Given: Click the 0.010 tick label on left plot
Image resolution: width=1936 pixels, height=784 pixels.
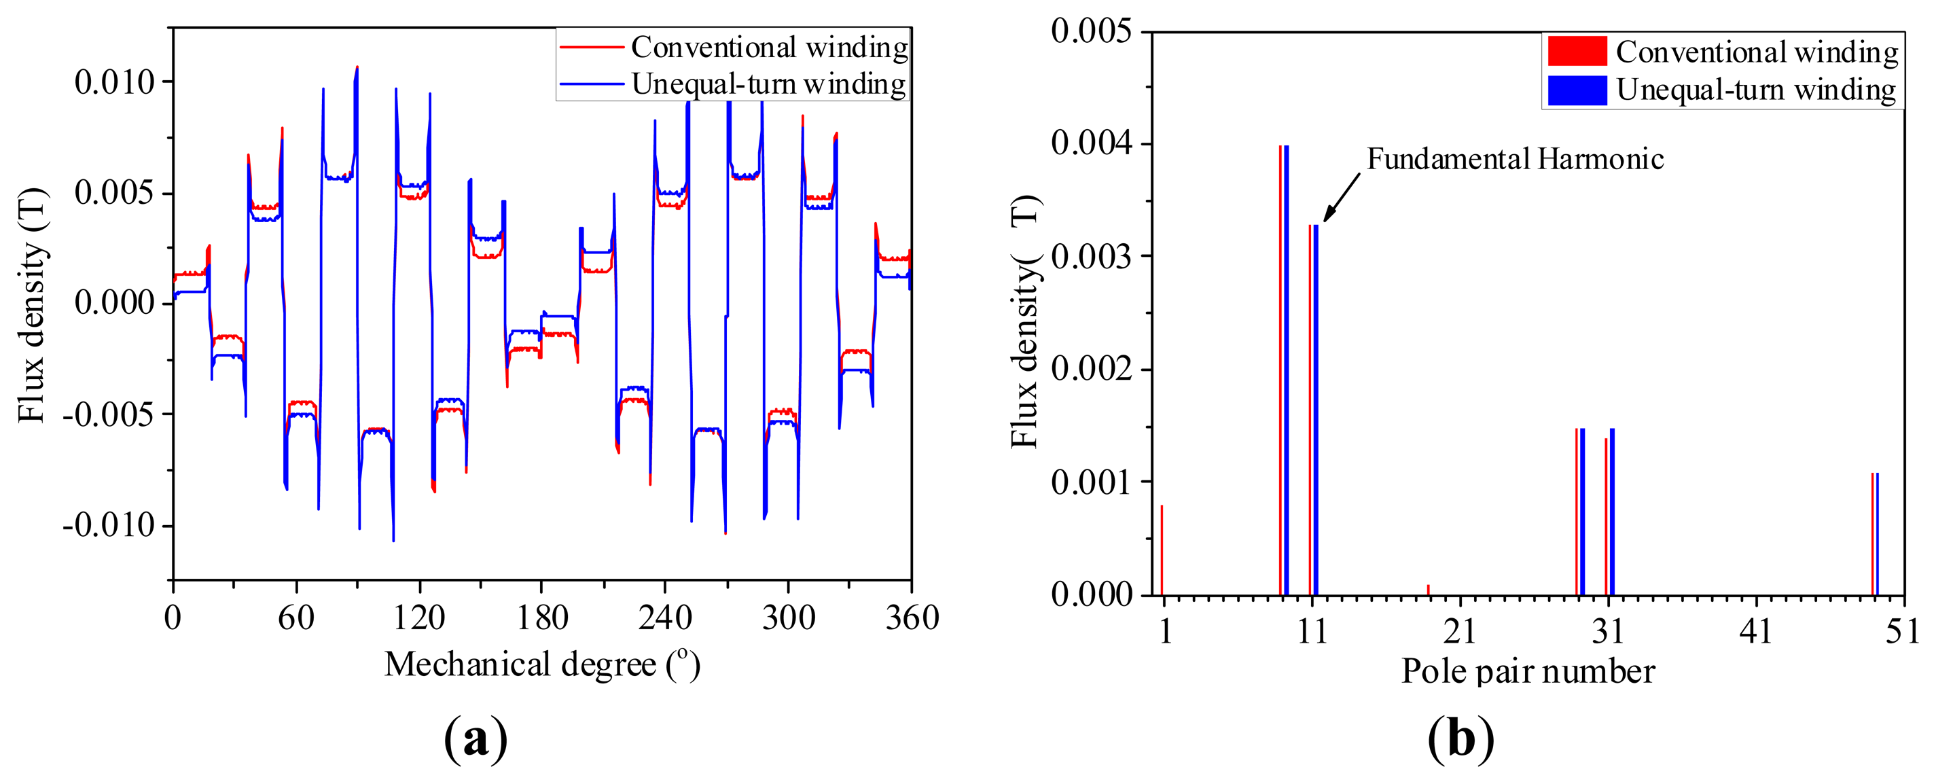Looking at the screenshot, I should tap(114, 82).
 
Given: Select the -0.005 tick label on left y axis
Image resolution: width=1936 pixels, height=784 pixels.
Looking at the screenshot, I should tap(108, 414).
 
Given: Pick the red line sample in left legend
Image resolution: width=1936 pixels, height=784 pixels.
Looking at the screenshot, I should tap(592, 48).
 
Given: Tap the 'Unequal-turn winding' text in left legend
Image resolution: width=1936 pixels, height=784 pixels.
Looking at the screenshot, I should tap(769, 84).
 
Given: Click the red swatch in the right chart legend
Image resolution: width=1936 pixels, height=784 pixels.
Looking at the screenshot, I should tap(1577, 51).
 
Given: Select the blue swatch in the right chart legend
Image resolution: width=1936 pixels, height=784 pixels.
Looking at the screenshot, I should tap(1577, 90).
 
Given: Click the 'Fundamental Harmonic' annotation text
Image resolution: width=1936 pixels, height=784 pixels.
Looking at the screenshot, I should tap(1514, 160).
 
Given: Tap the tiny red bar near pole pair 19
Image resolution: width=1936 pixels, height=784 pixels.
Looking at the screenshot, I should tap(1428, 590).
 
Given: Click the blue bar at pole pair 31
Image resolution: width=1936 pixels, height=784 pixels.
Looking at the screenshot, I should tap(1613, 511).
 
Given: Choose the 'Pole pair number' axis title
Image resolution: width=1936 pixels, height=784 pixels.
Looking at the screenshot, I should tap(1528, 671).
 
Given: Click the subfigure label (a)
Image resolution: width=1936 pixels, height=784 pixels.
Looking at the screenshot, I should tap(476, 739).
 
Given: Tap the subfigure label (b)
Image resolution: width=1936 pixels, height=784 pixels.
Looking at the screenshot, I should tap(1460, 739).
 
